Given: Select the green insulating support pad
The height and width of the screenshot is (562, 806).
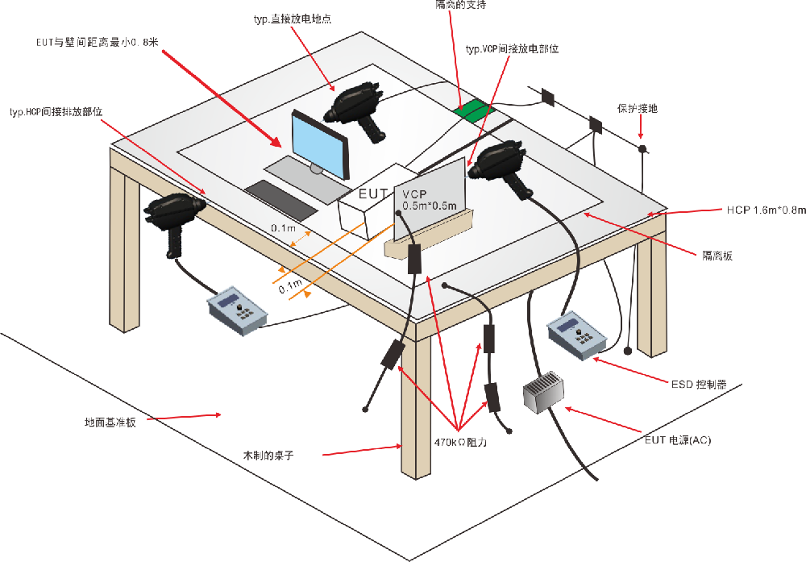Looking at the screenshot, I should (x=473, y=110).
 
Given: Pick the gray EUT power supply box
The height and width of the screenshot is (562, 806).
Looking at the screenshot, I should (x=543, y=393).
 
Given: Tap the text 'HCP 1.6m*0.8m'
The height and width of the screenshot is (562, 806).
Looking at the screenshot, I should (x=764, y=210).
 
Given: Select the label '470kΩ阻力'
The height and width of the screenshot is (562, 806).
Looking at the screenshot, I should (x=460, y=442).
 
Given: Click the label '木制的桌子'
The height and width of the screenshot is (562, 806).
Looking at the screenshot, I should (x=268, y=456).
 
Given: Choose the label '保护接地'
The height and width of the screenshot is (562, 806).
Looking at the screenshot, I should (x=637, y=107).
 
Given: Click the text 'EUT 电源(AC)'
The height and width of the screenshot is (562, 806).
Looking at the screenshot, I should (x=677, y=441).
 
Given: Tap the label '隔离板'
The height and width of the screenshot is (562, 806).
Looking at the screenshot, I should (x=718, y=256).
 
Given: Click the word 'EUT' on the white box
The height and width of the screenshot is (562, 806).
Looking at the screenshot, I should (x=373, y=194).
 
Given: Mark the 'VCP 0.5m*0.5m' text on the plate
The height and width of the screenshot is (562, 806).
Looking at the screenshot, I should (x=429, y=200).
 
